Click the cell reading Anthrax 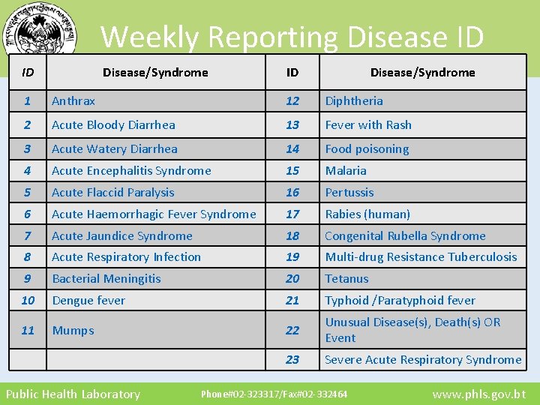[x=73, y=100]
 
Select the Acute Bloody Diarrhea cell [x=113, y=124]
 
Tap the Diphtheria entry [x=354, y=100]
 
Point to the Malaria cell [x=346, y=170]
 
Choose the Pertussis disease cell [x=349, y=192]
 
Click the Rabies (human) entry [x=367, y=214]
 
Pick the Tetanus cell [x=346, y=278]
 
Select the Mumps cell [x=73, y=330]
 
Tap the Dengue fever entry [x=88, y=300]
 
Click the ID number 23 [x=292, y=360]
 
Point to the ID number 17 [x=292, y=214]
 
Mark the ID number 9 [x=28, y=278]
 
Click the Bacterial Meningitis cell [x=106, y=278]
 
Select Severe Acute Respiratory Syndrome [x=423, y=360]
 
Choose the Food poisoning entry [x=367, y=148]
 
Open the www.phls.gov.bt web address [x=479, y=394]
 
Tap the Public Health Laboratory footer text [x=73, y=394]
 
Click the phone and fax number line [x=274, y=394]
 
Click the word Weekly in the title [x=150, y=36]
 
